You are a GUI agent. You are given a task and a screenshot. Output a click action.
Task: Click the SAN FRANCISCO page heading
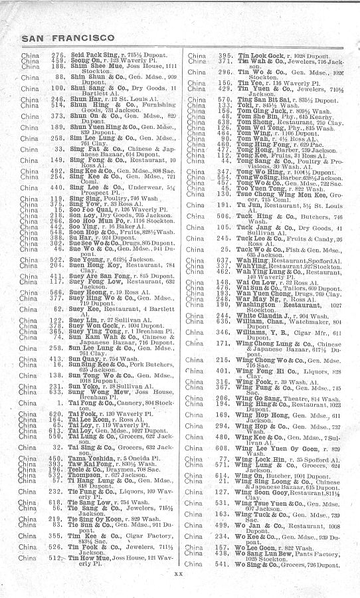tap(67, 37)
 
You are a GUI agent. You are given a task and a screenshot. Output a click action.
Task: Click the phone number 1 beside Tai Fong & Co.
tap(59, 402)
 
